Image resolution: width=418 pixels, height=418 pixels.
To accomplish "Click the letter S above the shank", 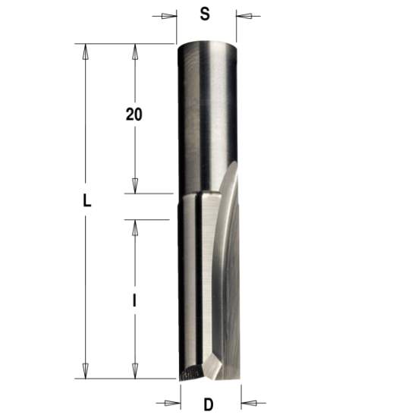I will point(204,14).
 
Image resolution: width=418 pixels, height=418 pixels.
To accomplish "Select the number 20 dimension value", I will point(134,115).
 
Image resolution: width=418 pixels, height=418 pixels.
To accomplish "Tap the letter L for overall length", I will point(86,202).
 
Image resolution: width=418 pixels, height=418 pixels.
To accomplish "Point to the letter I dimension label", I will point(134,300).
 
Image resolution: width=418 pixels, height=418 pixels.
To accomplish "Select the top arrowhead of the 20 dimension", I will point(134,51).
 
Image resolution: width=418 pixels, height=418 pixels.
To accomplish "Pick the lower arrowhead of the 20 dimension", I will point(134,187).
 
